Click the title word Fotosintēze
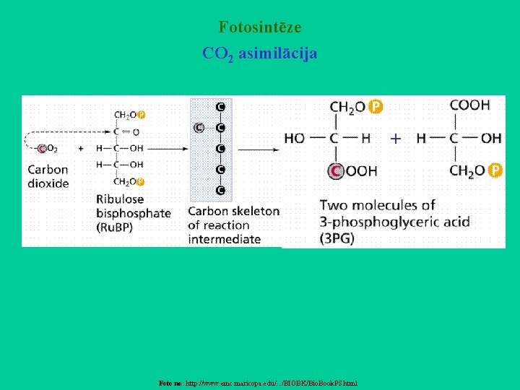click(x=260, y=28)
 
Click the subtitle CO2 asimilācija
click(x=260, y=54)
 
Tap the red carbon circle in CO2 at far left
click(x=42, y=149)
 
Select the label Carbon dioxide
click(x=48, y=176)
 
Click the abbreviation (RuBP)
click(x=114, y=227)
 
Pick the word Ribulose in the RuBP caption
click(x=120, y=199)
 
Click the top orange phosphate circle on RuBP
click(x=141, y=114)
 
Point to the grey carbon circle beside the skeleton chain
click(x=199, y=128)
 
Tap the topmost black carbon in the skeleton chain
click(x=220, y=107)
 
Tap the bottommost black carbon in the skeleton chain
click(x=220, y=191)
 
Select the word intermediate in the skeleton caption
click(x=225, y=239)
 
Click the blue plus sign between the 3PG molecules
click(x=396, y=138)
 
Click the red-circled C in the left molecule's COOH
click(x=336, y=171)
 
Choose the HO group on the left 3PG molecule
click(x=294, y=138)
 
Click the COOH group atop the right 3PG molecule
click(x=469, y=105)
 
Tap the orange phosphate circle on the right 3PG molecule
click(x=495, y=170)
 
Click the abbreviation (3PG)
click(x=337, y=238)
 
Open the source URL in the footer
click(x=272, y=383)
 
